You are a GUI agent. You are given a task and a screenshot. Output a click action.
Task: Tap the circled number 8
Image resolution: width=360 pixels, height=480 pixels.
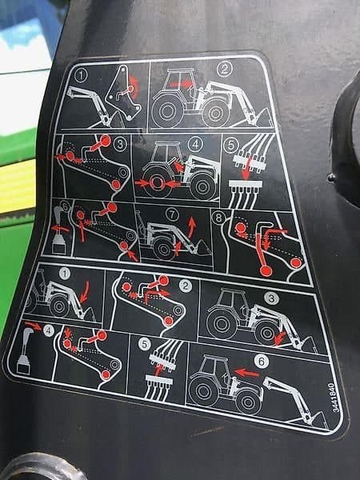(219, 218)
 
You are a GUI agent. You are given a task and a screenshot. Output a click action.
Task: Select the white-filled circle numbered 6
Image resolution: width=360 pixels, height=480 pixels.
(262, 362)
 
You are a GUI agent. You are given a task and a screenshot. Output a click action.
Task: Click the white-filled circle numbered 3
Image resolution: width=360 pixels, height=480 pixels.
(271, 298)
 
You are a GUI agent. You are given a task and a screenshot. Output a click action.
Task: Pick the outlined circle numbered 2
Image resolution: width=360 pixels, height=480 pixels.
(225, 70)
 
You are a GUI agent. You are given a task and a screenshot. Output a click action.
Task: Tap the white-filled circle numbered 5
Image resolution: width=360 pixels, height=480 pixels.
(145, 344)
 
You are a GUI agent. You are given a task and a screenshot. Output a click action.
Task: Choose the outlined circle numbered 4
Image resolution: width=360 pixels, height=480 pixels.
(196, 144)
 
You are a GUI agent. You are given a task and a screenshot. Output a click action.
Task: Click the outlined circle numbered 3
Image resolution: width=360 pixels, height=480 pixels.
(120, 144)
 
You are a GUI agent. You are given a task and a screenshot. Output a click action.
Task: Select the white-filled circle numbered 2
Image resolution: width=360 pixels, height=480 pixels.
(186, 286)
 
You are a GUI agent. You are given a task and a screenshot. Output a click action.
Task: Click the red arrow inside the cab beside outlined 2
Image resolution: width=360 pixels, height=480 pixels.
(180, 84)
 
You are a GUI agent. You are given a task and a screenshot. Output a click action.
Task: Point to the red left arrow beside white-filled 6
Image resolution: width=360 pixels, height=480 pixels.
(246, 373)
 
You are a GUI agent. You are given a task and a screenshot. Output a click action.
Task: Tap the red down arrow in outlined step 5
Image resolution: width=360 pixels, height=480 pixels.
(246, 168)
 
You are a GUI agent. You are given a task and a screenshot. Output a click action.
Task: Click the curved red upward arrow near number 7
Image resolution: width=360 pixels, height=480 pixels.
(192, 227)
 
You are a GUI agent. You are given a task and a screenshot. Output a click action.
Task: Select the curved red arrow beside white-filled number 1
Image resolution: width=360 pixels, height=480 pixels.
(85, 292)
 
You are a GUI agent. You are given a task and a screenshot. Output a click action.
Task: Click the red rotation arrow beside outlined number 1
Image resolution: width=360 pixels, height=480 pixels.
(134, 86)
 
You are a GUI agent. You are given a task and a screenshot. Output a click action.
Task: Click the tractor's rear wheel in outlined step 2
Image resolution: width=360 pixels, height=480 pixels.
(167, 111)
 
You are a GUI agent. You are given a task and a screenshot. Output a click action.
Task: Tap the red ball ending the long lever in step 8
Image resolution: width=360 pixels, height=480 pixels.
(266, 271)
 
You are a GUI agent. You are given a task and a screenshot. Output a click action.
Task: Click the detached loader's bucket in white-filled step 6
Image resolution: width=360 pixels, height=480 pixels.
(316, 421)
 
